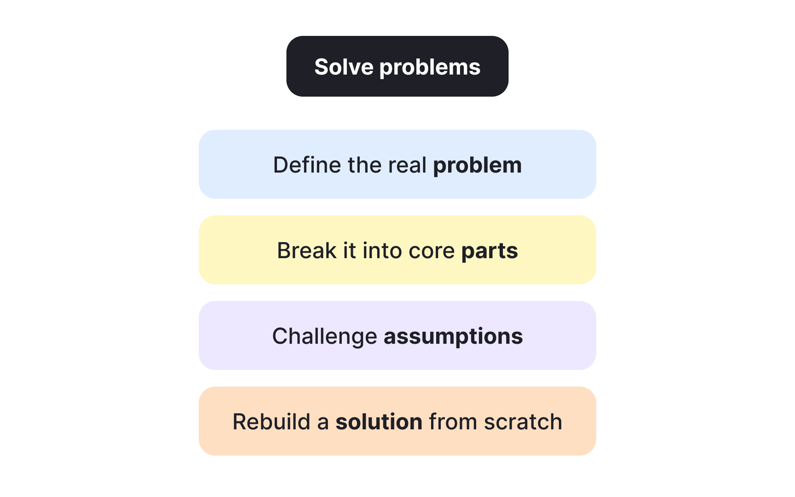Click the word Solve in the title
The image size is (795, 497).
tap(344, 67)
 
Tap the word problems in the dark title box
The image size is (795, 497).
tap(430, 68)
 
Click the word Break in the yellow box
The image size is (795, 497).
tap(307, 251)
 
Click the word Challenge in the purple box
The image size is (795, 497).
tap(325, 337)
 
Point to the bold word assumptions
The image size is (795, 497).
tap(453, 337)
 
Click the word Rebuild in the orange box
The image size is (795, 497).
tap(271, 422)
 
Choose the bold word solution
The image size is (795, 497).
tap(379, 422)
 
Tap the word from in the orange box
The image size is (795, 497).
tap(453, 422)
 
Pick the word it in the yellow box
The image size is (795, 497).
tap(350, 251)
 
